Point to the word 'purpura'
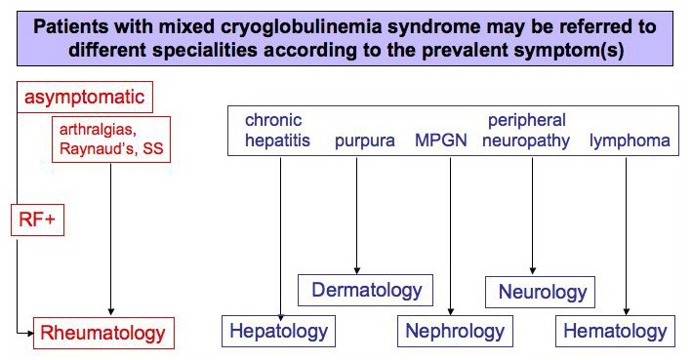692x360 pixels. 364,141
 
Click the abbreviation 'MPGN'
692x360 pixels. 441,140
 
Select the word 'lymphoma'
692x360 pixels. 630,140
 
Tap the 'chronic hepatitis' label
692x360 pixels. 277,130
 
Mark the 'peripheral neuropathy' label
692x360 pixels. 526,131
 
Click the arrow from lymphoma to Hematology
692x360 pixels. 626,236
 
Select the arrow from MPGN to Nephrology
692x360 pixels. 451,236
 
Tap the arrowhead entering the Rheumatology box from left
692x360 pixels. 30,333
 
